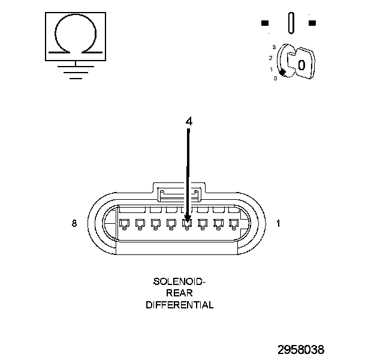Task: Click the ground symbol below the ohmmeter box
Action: pyautogui.click(x=74, y=71)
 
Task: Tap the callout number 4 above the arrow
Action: pyautogui.click(x=189, y=121)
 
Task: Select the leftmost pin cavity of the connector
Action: pyautogui.click(x=124, y=224)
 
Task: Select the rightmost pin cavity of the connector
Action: pyautogui.click(x=233, y=224)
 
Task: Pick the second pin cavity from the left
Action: pyautogui.click(x=140, y=224)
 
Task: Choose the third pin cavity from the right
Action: pyautogui.click(x=202, y=224)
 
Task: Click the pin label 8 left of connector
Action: pyautogui.click(x=74, y=223)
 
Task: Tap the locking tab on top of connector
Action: pyautogui.click(x=179, y=193)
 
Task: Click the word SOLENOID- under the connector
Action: pyautogui.click(x=179, y=281)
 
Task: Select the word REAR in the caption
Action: pyautogui.click(x=179, y=293)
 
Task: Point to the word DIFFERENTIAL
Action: pyautogui.click(x=179, y=305)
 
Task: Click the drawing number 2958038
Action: pyautogui.click(x=300, y=349)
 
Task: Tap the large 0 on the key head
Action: pyautogui.click(x=302, y=64)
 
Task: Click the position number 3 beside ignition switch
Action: pyautogui.click(x=273, y=47)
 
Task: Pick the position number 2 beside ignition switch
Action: pyautogui.click(x=271, y=58)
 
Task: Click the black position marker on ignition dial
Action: pyautogui.click(x=282, y=72)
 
